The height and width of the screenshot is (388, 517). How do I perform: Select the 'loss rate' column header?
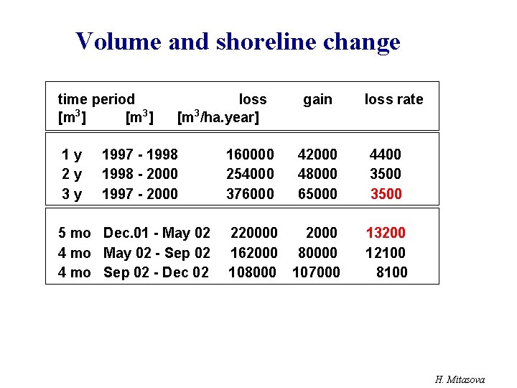click(393, 99)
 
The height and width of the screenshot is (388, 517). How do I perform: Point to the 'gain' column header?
click(317, 99)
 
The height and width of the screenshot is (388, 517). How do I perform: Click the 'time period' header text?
click(96, 99)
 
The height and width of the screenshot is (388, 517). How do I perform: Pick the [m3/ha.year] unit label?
click(218, 116)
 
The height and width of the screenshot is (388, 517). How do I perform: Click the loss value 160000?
click(250, 154)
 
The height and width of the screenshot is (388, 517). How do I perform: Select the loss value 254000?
click(250, 174)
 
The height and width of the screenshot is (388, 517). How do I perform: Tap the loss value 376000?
click(250, 194)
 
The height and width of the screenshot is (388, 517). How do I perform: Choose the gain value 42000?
click(317, 154)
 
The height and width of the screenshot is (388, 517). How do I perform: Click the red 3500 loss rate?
click(386, 194)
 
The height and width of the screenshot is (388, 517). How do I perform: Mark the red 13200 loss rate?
click(386, 233)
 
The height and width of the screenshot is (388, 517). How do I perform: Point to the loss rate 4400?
click(386, 154)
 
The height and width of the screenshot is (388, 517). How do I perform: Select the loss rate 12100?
click(386, 253)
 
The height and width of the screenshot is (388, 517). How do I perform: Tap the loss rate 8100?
click(391, 272)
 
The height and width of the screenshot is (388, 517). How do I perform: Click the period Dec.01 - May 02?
click(157, 233)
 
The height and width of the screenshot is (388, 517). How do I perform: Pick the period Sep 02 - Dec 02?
click(156, 272)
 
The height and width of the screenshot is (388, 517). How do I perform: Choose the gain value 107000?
click(316, 272)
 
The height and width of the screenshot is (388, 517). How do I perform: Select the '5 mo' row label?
click(74, 233)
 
